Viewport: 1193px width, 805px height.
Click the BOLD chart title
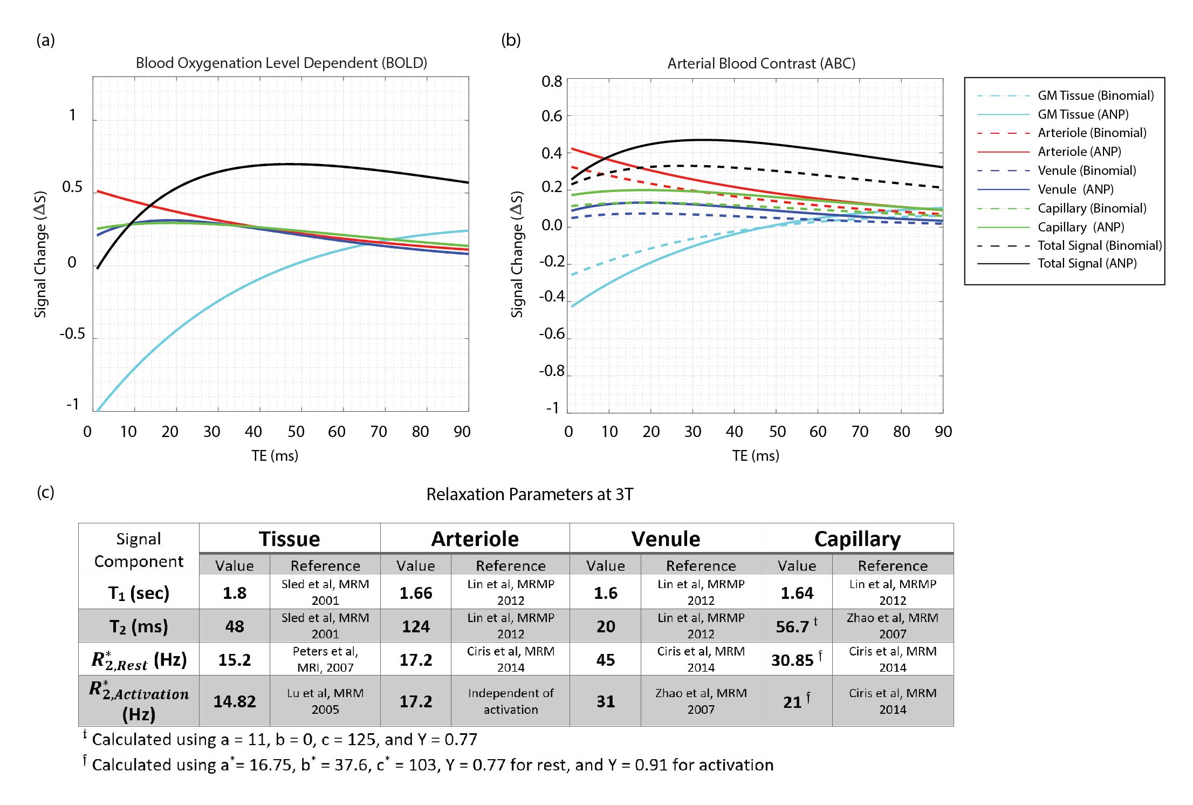click(281, 63)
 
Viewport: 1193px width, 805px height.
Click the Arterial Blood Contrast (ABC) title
click(761, 64)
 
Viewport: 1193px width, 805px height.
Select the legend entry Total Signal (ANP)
click(1087, 263)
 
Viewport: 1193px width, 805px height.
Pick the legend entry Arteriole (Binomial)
click(1092, 133)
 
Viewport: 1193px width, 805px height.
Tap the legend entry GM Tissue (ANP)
click(1083, 114)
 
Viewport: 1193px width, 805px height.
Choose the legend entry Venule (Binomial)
click(1087, 170)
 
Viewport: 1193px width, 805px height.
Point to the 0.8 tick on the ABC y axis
click(552, 81)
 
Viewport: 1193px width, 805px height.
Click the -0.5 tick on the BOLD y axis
click(72, 333)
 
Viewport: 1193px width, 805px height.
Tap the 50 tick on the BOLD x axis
click(296, 432)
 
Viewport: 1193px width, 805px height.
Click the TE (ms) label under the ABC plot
click(755, 456)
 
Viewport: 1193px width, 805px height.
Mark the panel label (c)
click(45, 492)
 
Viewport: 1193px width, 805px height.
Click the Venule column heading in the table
click(666, 539)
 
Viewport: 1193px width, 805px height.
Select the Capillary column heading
click(857, 539)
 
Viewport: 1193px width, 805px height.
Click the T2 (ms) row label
click(139, 626)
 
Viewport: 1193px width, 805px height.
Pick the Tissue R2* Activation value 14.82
click(235, 701)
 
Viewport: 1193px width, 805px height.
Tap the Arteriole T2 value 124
click(415, 626)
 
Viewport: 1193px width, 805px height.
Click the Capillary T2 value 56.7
click(792, 626)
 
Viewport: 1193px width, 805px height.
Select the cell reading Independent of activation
click(510, 701)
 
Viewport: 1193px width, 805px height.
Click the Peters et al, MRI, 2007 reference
click(325, 659)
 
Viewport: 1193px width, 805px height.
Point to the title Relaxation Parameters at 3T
click(530, 494)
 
